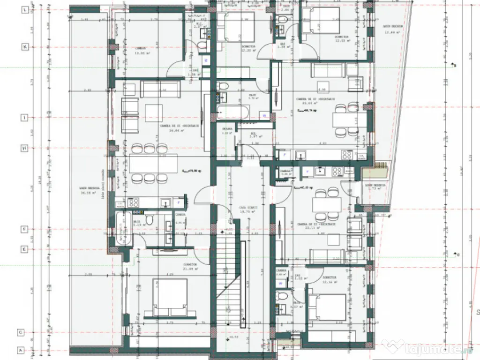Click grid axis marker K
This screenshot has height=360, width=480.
[x=22, y=47]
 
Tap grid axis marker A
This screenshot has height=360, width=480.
[x=22, y=350]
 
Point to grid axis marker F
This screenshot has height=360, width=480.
[x=22, y=230]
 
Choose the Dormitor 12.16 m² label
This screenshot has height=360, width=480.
[x=330, y=280]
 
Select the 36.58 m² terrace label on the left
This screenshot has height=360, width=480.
[x=88, y=191]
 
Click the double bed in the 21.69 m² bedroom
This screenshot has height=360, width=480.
[x=170, y=297]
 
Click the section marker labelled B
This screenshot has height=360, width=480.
[x=453, y=65]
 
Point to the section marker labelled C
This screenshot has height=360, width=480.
[x=456, y=255]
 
